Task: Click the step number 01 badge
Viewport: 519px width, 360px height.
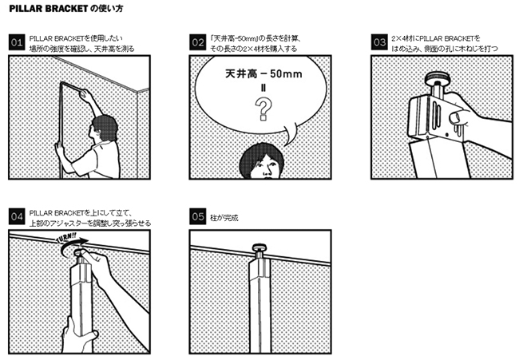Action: coord(17,42)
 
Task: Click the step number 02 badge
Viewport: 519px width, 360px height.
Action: coord(197,42)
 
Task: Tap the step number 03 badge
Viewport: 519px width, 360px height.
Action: coord(379,42)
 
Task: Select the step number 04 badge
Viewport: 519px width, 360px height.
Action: coord(17,217)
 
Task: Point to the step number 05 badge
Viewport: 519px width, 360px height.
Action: coord(197,217)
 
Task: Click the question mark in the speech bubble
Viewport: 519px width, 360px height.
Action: coord(263,109)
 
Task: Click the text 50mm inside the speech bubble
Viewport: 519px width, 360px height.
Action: coord(286,73)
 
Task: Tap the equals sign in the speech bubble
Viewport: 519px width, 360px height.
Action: coord(263,88)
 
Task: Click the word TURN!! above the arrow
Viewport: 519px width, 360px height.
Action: coord(67,238)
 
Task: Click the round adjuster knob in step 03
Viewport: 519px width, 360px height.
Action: coord(437,78)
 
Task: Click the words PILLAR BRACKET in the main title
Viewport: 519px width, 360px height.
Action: coord(49,9)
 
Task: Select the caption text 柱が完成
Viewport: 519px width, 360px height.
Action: coord(224,218)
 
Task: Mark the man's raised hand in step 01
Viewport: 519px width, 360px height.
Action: coord(87,96)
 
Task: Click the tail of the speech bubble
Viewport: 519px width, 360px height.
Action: coord(290,134)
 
